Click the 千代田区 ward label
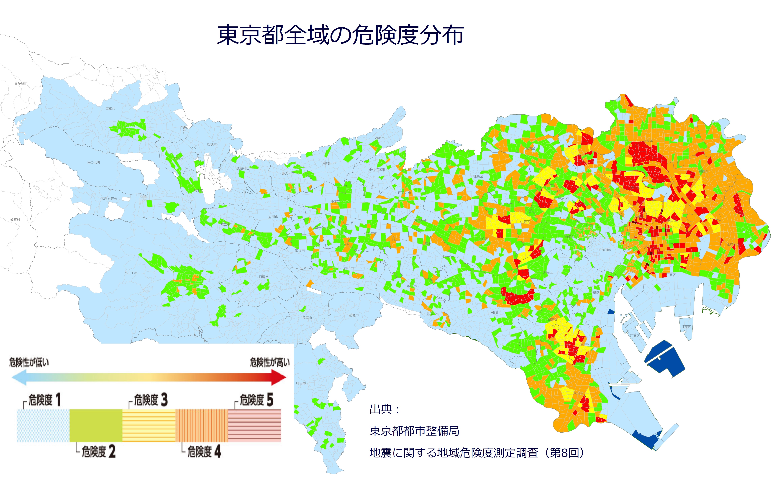605,250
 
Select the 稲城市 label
354,315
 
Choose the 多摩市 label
307,318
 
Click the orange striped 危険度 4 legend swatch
202,425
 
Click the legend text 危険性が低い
29,362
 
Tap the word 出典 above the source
381,409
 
